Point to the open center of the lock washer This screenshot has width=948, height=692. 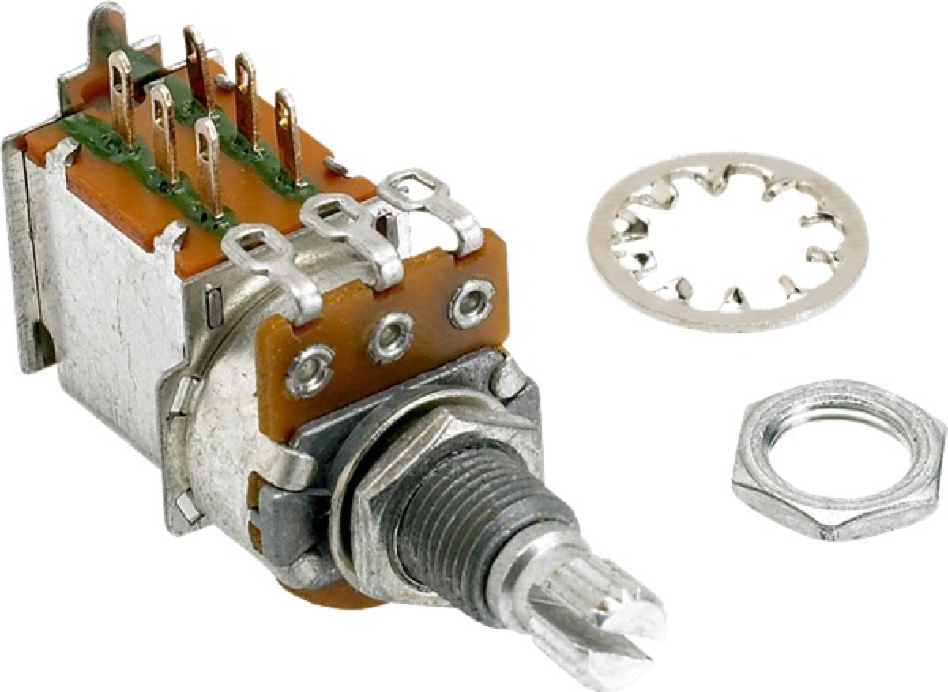click(727, 237)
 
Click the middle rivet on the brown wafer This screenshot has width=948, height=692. click(390, 335)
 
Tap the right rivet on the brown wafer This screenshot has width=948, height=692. click(472, 302)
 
